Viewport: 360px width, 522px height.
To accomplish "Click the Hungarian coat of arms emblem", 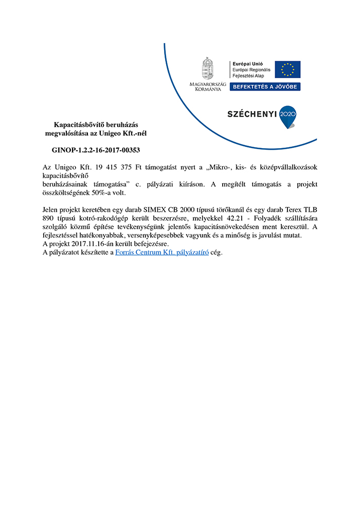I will coord(207,68).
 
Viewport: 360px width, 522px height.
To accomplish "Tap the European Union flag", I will coord(287,69).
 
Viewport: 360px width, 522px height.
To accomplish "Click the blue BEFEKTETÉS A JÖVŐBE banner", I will coord(265,86).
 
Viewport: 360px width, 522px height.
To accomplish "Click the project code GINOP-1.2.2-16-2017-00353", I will coord(96,150).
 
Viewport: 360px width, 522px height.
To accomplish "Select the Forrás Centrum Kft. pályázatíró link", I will coord(162,253).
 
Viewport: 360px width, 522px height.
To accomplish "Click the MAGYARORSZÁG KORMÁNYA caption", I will coord(207,86).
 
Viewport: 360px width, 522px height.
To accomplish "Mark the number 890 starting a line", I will coord(48,218).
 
